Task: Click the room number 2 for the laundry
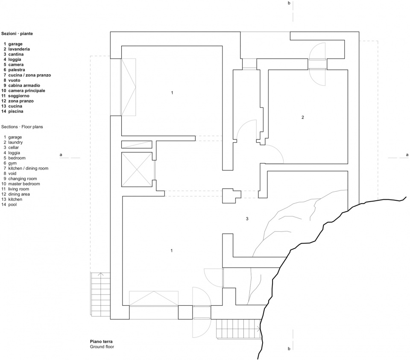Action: pyautogui.click(x=303, y=117)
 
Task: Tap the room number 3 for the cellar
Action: pyautogui.click(x=247, y=219)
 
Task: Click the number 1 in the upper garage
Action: pyautogui.click(x=172, y=93)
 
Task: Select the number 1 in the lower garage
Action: pyautogui.click(x=172, y=251)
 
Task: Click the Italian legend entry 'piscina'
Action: pyautogui.click(x=16, y=111)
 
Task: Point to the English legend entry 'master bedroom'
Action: pyautogui.click(x=24, y=184)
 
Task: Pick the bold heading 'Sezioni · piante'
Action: pyautogui.click(x=17, y=33)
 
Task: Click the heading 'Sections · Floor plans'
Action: pyautogui.click(x=22, y=127)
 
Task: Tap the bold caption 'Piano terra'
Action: pyautogui.click(x=101, y=342)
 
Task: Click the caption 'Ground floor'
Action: pyautogui.click(x=102, y=347)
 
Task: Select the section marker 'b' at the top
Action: pyautogui.click(x=289, y=3)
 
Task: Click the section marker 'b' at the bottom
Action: pyautogui.click(x=289, y=348)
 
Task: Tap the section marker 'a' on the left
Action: pyautogui.click(x=61, y=155)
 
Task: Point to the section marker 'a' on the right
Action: pyautogui.click(x=407, y=155)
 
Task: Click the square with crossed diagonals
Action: pyautogui.click(x=137, y=170)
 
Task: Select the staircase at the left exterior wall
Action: pyautogui.click(x=100, y=294)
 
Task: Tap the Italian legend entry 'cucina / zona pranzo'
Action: pyautogui.click(x=29, y=75)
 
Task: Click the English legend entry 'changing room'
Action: pyautogui.click(x=23, y=179)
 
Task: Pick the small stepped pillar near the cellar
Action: pyautogui.click(x=231, y=196)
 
